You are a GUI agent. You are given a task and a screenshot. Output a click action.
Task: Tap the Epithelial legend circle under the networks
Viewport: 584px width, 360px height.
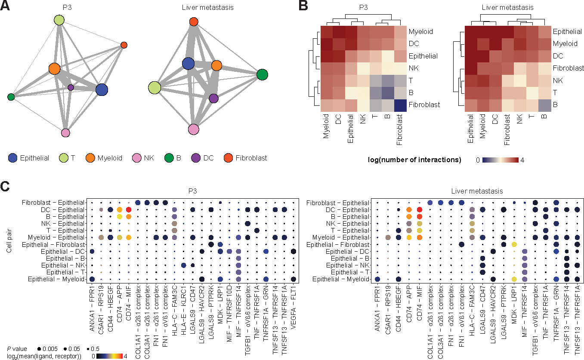pyautogui.click(x=13, y=158)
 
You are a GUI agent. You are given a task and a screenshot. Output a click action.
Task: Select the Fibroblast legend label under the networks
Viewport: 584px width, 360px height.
pyautogui.click(x=251, y=158)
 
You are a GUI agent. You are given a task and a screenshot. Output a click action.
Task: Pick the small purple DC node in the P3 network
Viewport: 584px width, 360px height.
pyautogui.click(x=71, y=87)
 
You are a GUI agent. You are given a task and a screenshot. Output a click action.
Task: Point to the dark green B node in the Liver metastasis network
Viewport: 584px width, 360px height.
pyautogui.click(x=262, y=74)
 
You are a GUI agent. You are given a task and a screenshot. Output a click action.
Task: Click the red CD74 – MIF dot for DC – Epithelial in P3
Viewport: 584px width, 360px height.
pyautogui.click(x=128, y=209)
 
